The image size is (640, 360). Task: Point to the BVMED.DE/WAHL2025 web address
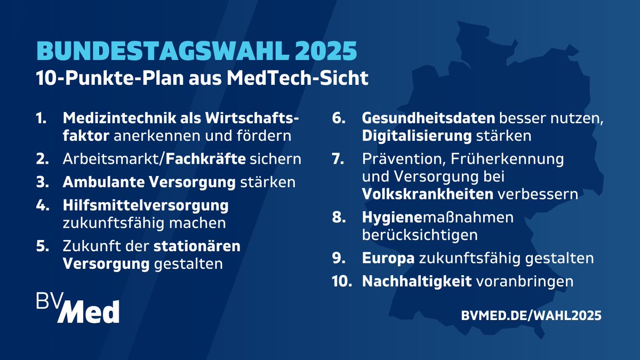point(531,316)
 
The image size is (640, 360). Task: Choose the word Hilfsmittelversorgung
point(146,205)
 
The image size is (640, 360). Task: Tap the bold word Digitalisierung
point(417,135)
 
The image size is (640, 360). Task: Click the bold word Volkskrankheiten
point(428,194)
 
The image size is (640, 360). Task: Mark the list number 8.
point(340,218)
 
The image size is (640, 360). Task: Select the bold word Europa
point(388,258)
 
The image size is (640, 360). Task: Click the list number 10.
point(342,281)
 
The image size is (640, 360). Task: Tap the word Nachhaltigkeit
point(417,281)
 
